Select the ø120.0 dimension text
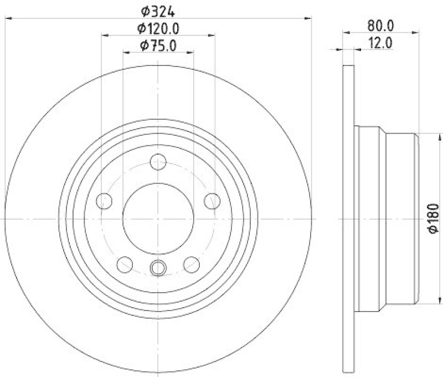159,28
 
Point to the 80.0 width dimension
380,25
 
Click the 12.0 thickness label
380,43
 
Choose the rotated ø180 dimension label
433,219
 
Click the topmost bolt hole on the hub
158,162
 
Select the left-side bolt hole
104,201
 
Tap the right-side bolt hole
212,201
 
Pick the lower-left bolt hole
125,263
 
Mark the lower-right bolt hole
191,263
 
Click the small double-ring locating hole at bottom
158,268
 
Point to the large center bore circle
158,219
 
